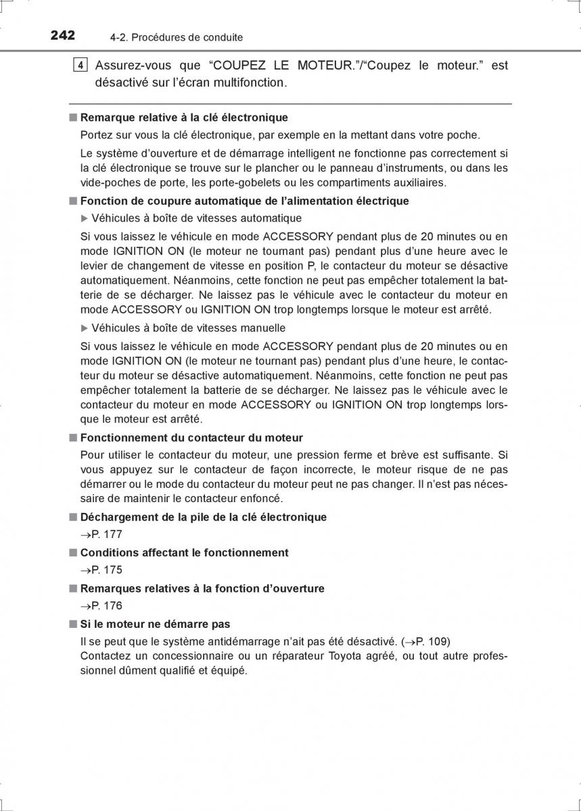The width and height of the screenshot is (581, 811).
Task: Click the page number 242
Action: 62,36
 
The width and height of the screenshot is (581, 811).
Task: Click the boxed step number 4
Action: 80,66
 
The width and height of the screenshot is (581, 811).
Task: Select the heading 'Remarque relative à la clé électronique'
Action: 184,118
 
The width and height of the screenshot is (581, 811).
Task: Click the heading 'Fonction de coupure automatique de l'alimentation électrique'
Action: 244,201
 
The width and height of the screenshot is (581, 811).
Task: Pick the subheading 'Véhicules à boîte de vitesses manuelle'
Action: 188,328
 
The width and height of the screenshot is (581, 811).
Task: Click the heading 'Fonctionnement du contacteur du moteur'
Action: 191,438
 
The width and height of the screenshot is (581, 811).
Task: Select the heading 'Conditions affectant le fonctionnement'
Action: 184,553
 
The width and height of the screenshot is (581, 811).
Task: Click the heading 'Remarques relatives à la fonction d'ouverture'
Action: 202,589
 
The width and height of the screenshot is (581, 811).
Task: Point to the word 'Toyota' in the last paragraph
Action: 345,656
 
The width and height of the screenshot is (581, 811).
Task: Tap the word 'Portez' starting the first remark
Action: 95,135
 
